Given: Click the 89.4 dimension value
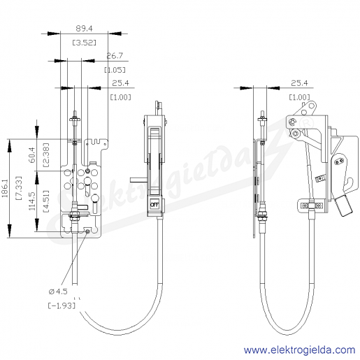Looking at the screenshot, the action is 84,29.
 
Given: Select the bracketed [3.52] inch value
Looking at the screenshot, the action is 84,43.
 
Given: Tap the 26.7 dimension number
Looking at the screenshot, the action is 115,56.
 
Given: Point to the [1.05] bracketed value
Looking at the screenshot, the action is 115,70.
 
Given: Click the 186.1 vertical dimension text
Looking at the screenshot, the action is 5,188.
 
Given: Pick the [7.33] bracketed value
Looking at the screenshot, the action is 19,188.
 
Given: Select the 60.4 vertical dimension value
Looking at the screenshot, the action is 32,155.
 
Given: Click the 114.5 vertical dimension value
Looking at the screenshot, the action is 32,201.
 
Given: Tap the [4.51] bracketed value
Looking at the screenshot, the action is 46,201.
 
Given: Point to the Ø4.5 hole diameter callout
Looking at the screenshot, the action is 58,291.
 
